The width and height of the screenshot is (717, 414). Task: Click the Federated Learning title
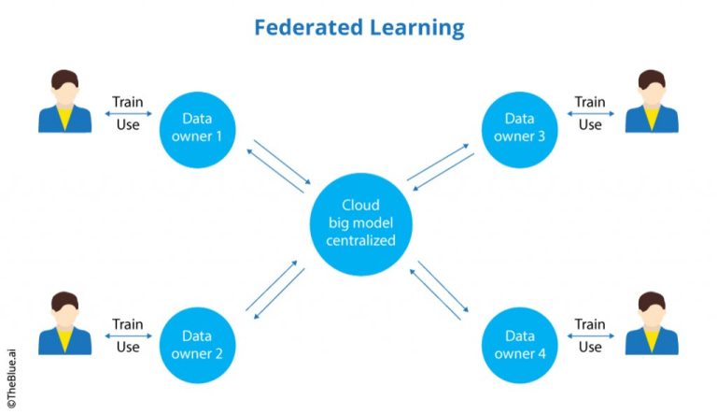pyautogui.click(x=358, y=27)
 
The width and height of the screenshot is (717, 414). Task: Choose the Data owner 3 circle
pyautogui.click(x=520, y=127)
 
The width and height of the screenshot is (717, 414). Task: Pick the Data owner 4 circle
pyautogui.click(x=520, y=345)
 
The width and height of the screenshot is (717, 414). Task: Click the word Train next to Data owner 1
pyautogui.click(x=128, y=102)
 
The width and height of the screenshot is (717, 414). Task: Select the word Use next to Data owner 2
pyautogui.click(x=128, y=348)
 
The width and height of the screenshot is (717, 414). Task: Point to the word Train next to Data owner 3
pyautogui.click(x=590, y=102)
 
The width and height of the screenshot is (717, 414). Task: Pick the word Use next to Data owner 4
pyautogui.click(x=590, y=348)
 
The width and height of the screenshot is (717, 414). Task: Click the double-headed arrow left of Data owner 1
pyautogui.click(x=127, y=114)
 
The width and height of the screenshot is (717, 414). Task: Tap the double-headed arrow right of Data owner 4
pyautogui.click(x=590, y=336)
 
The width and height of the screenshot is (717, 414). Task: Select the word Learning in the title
pyautogui.click(x=414, y=27)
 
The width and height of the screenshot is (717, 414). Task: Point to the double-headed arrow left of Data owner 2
pyautogui.click(x=127, y=336)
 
